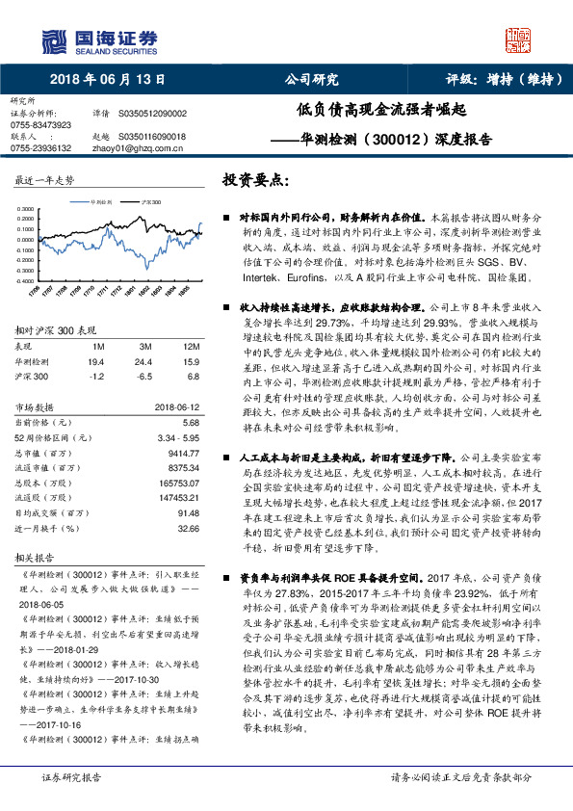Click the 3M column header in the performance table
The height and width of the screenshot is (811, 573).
pyautogui.click(x=144, y=345)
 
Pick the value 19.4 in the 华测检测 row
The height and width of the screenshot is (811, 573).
pyautogui.click(x=95, y=360)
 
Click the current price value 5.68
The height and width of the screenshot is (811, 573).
pyautogui.click(x=190, y=422)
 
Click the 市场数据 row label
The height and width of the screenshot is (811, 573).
pyautogui.click(x=38, y=405)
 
